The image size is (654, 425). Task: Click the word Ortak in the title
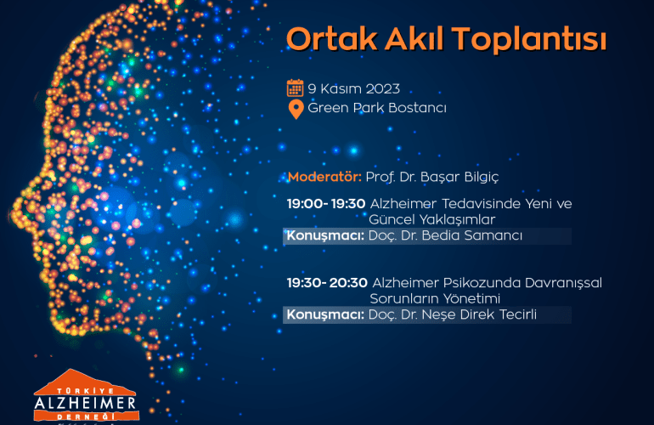tap(332, 39)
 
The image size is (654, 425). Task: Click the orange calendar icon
tap(295, 88)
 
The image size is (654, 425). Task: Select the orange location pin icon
tap(296, 110)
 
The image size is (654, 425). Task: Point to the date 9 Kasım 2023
tap(353, 88)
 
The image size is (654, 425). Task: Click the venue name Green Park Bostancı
tap(377, 108)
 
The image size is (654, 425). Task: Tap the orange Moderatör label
tap(324, 177)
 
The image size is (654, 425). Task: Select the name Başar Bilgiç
tap(459, 177)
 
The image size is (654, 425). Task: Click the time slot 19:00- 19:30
tap(326, 204)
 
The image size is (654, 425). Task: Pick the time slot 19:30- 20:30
tap(327, 283)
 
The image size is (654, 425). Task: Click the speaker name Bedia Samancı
tap(471, 235)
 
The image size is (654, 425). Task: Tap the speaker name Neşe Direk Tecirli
tap(479, 314)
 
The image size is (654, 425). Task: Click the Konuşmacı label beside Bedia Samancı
tap(325, 236)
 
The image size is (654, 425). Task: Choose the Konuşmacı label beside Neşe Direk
tap(325, 314)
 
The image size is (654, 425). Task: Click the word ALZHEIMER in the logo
tap(86, 403)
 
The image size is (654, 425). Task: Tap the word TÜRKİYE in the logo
tap(85, 391)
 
